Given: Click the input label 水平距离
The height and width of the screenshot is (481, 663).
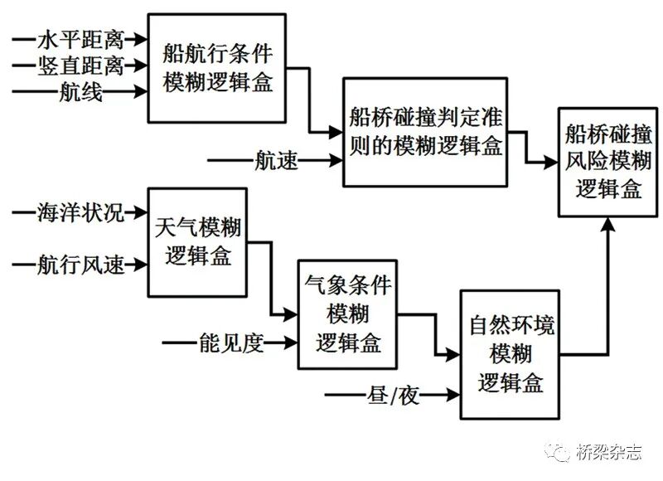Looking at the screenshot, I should (80, 39).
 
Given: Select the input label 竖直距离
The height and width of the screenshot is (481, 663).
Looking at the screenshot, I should (80, 66).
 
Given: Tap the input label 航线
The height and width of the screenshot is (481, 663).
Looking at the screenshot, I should (81, 93).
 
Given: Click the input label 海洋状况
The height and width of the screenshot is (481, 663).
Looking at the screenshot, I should (80, 212).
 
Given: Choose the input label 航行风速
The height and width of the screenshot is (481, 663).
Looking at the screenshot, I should (80, 265).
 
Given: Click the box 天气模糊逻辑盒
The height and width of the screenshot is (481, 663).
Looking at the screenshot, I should (198, 241).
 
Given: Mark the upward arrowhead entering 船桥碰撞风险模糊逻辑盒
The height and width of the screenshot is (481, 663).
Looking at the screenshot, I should (609, 222).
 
